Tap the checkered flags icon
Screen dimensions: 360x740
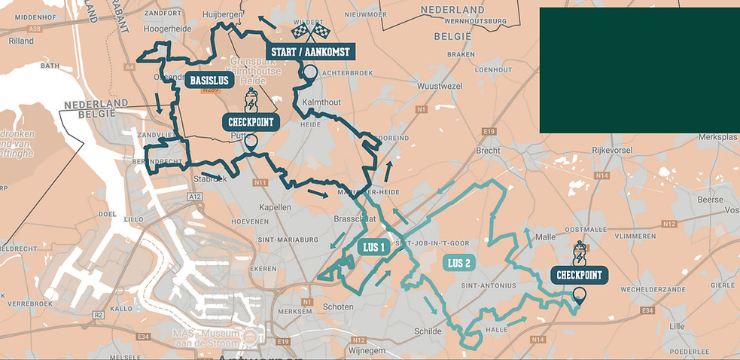(x=311, y=31)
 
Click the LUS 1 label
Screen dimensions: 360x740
(x=373, y=247)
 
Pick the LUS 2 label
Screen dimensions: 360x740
(x=458, y=263)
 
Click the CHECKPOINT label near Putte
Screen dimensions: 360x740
(x=251, y=121)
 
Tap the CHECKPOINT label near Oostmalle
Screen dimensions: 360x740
(x=578, y=275)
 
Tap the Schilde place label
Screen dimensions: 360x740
(x=428, y=331)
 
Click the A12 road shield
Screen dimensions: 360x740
(x=195, y=197)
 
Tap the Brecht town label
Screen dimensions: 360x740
(x=488, y=151)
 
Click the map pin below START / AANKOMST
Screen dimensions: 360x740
(x=310, y=73)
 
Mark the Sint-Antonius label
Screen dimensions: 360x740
(x=489, y=285)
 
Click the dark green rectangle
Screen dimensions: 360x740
(x=639, y=70)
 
